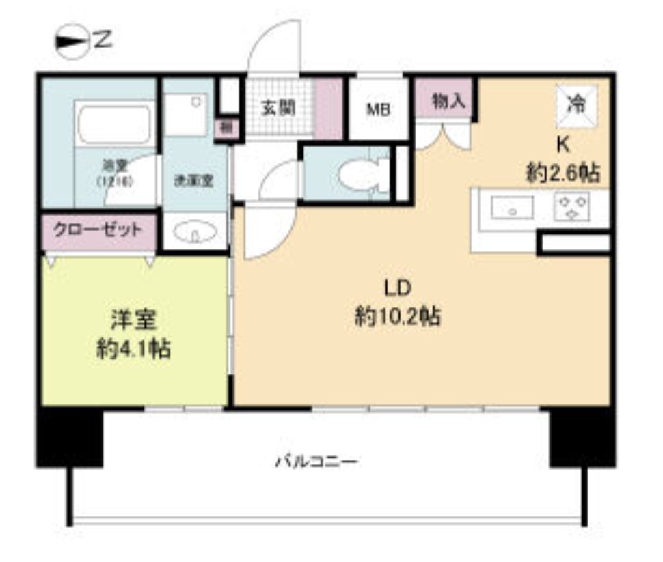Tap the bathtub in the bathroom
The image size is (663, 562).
113,125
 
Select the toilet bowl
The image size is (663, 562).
357,175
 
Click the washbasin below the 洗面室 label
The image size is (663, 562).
193,234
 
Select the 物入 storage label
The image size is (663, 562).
449,102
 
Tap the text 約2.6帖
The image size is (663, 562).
563,173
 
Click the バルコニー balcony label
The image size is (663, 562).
316,462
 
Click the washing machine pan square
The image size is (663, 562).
185,114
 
